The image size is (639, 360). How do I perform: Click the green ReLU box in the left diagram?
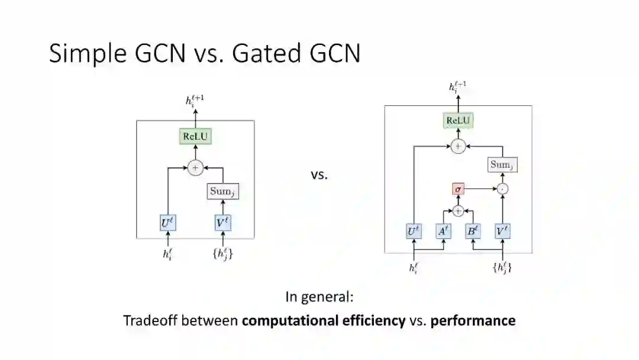pyautogui.click(x=195, y=137)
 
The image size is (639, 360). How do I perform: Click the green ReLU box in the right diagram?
pyautogui.click(x=459, y=121)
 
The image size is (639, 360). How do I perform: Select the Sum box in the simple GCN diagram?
pyautogui.click(x=223, y=191)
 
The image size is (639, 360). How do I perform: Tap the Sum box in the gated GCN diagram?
pyautogui.click(x=503, y=165)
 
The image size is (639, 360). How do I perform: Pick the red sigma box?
pyautogui.click(x=457, y=189)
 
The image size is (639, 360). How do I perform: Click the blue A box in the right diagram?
pyautogui.click(x=443, y=232)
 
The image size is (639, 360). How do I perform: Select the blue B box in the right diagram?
pyautogui.click(x=472, y=232)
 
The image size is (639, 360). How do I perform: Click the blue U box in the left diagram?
pyautogui.click(x=169, y=224)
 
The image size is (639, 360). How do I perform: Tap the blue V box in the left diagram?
pyautogui.click(x=223, y=224)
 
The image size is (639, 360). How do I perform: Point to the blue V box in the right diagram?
pyautogui.click(x=502, y=232)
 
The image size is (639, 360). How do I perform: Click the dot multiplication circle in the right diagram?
pyautogui.click(x=502, y=189)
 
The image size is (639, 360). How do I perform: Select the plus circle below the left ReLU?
pyautogui.click(x=195, y=168)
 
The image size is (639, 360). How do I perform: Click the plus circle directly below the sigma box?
pyautogui.click(x=457, y=210)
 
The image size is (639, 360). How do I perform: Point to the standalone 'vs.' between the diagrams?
pyautogui.click(x=319, y=175)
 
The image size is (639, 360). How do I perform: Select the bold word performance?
pyautogui.click(x=473, y=321)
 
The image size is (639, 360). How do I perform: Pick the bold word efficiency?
pyautogui.click(x=376, y=321)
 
